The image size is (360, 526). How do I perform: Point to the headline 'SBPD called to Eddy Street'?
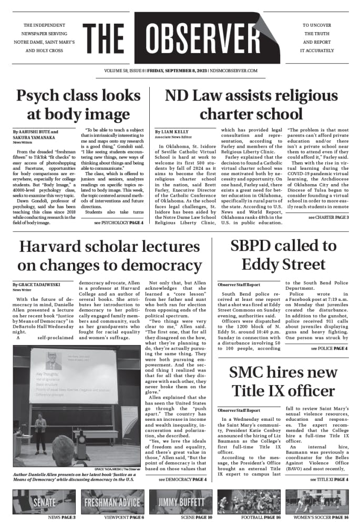283,255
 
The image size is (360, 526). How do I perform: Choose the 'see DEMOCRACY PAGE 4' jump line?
182,480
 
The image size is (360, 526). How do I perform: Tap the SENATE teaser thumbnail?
44,502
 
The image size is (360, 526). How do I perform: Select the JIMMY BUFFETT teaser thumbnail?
180,502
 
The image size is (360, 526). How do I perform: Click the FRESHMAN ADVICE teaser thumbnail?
112,502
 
